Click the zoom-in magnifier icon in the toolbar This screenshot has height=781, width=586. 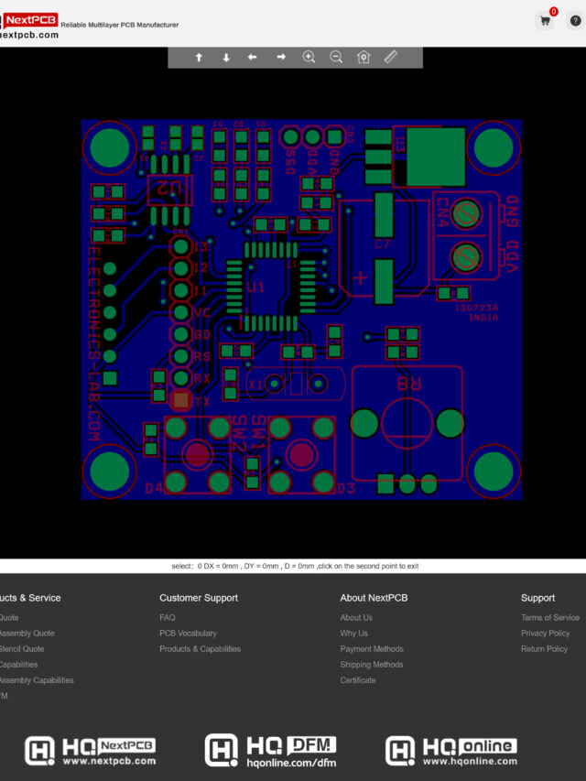click(x=309, y=57)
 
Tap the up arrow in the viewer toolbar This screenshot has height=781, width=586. click(x=199, y=57)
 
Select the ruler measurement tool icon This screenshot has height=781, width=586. click(x=391, y=57)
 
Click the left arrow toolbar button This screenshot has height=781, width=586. click(x=253, y=57)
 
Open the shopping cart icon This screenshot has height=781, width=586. click(x=546, y=20)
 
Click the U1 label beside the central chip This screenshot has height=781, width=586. click(x=256, y=287)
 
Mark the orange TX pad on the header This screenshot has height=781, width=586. click(x=181, y=400)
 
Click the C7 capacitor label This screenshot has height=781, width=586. click(x=382, y=244)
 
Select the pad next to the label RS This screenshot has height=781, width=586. click(x=181, y=356)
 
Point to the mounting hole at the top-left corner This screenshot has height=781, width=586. click(x=111, y=146)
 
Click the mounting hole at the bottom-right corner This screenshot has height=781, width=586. click(x=494, y=472)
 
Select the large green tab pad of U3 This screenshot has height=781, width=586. click(x=435, y=157)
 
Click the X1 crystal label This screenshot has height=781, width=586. click(x=256, y=385)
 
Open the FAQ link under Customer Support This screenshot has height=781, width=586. click(x=168, y=618)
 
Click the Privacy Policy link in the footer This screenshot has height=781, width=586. click(x=545, y=634)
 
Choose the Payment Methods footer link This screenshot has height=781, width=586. click(x=371, y=649)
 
